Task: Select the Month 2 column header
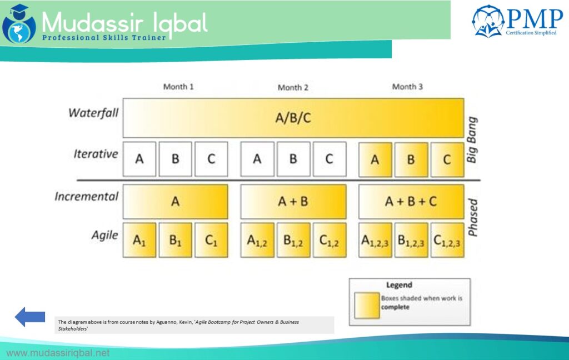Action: [x=293, y=87]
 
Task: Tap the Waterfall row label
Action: [x=93, y=113]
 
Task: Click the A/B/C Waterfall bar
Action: [x=293, y=118]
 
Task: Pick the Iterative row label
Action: [x=96, y=154]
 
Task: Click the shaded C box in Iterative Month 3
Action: [x=447, y=159]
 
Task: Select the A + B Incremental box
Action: [x=293, y=202]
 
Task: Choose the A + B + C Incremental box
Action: [x=411, y=202]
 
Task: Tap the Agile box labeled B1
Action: [x=175, y=241]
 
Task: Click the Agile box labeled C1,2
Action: [x=329, y=241]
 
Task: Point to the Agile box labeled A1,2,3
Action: [x=375, y=241]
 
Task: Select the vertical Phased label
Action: [x=472, y=218]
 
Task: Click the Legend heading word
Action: [x=399, y=285]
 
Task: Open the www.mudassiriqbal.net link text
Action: [x=58, y=353]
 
